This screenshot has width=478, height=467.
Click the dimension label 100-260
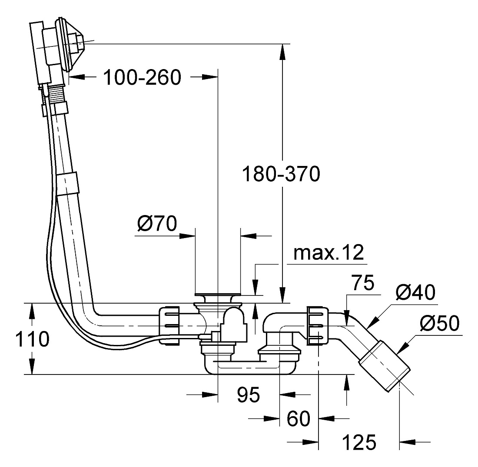pyautogui.click(x=143, y=77)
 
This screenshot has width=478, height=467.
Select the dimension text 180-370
pyautogui.click(x=281, y=174)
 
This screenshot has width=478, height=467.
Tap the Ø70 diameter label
pyautogui.click(x=157, y=223)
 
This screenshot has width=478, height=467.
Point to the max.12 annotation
pyautogui.click(x=329, y=252)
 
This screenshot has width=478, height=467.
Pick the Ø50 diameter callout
pyautogui.click(x=439, y=323)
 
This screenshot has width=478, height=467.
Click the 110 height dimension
pyautogui.click(x=32, y=339)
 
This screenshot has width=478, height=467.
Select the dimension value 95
pyautogui.click(x=249, y=395)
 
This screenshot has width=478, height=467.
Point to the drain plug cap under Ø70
pyautogui.click(x=218, y=294)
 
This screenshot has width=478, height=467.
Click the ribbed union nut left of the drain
pyautogui.click(x=169, y=326)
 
